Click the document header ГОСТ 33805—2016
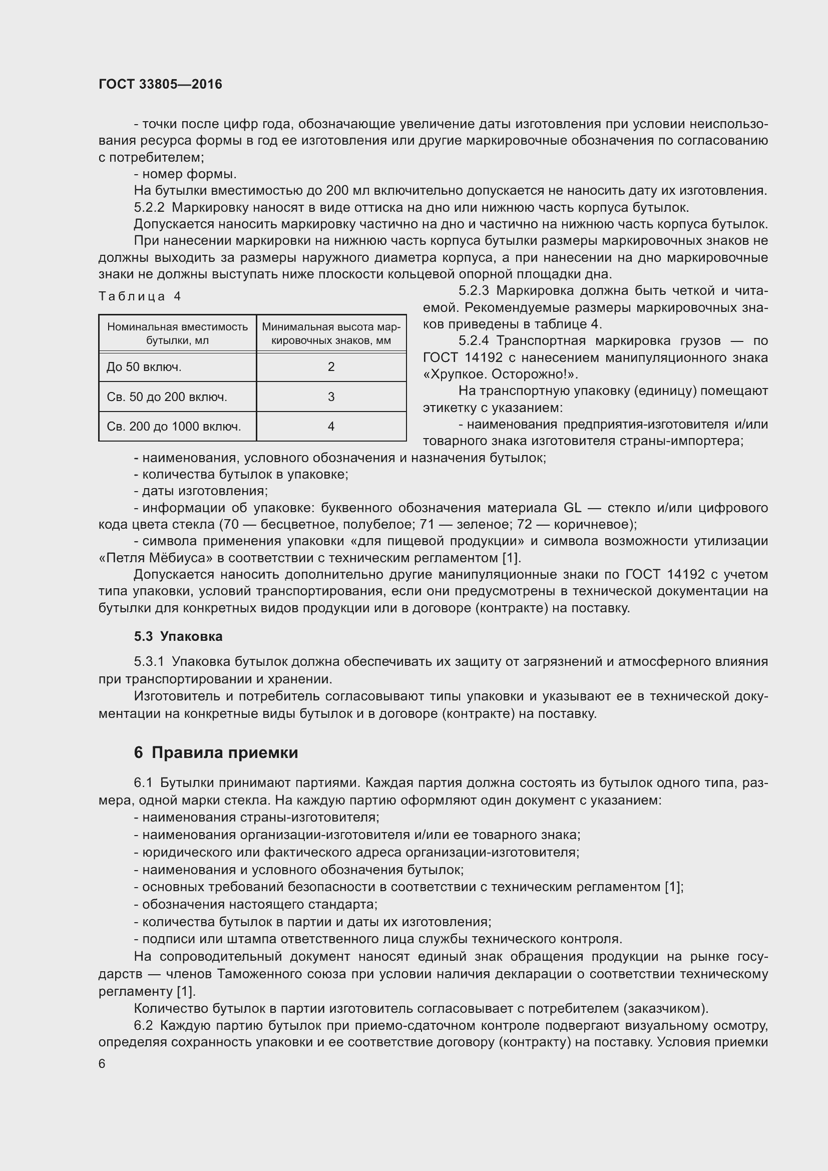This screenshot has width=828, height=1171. coord(160,84)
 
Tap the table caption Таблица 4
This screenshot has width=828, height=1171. coord(140,296)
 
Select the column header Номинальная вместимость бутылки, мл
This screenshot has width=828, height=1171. coord(177,333)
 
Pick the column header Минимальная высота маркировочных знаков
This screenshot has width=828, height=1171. coord(331,333)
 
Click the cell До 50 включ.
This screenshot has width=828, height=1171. coord(144,366)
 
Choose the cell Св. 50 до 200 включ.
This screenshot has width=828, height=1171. coord(167,397)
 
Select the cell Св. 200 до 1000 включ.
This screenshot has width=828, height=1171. coord(173,427)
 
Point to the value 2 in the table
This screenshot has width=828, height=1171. coord(331,366)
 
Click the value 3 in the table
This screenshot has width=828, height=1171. coord(331,397)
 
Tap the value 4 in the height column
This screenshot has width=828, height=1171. coord(331,427)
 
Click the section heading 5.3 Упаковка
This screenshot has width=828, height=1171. coord(178,636)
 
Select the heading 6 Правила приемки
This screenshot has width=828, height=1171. coord(216,753)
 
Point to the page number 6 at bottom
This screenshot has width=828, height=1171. coord(102,1063)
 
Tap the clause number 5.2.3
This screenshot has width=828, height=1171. coord(474,291)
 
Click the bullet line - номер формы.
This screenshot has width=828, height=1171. coord(185,174)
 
